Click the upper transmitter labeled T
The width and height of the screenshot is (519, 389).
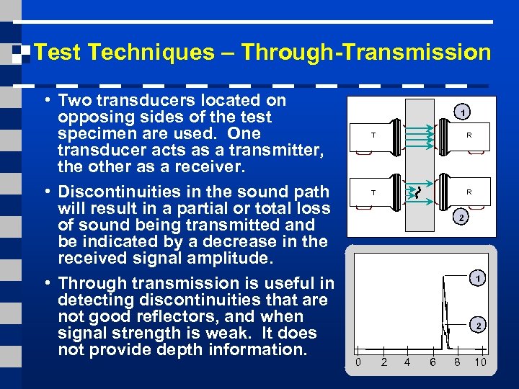pyautogui.click(x=373, y=135)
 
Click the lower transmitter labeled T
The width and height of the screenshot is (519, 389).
pyautogui.click(x=373, y=192)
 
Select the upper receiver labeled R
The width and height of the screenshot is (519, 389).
pyautogui.click(x=469, y=135)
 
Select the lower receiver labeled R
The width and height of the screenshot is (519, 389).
pyautogui.click(x=469, y=192)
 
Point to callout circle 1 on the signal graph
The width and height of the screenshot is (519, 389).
pyautogui.click(x=476, y=277)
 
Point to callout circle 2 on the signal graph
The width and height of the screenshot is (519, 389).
pyautogui.click(x=476, y=326)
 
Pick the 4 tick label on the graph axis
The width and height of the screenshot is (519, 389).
pyautogui.click(x=407, y=362)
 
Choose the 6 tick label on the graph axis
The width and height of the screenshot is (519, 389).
pyautogui.click(x=432, y=362)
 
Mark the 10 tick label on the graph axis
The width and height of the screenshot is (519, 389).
pyautogui.click(x=480, y=362)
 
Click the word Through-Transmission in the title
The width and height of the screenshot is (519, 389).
pyautogui.click(x=366, y=53)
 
